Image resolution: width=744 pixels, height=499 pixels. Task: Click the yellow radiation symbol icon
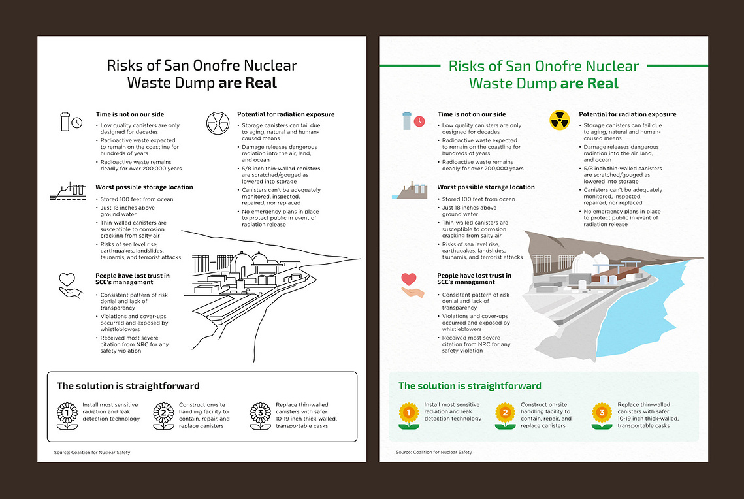click(x=559, y=120)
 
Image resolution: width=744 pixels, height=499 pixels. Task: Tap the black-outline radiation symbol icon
click(x=218, y=123)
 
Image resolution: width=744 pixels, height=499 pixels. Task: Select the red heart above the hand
click(x=408, y=279)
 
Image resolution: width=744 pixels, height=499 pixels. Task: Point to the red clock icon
click(x=419, y=121)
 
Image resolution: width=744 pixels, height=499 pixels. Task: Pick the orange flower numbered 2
click(x=505, y=415)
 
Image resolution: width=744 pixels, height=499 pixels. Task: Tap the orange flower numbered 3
click(x=602, y=415)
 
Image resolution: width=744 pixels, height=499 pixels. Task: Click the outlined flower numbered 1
click(x=67, y=416)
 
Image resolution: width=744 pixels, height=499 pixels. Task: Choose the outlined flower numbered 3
click(x=261, y=416)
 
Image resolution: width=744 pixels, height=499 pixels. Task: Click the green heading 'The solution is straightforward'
click(x=470, y=385)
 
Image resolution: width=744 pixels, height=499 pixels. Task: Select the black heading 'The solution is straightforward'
click(x=128, y=385)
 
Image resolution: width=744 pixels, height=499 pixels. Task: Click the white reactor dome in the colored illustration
click(x=583, y=263)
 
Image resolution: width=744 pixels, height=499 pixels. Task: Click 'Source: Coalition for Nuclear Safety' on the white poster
click(x=92, y=452)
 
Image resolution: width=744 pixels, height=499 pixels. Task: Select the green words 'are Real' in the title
click(x=589, y=84)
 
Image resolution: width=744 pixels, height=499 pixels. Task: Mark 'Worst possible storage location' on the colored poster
click(x=486, y=187)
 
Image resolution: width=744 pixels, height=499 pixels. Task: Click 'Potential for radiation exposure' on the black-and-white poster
click(x=285, y=114)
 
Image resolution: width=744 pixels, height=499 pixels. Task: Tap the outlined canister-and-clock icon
click(x=71, y=121)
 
